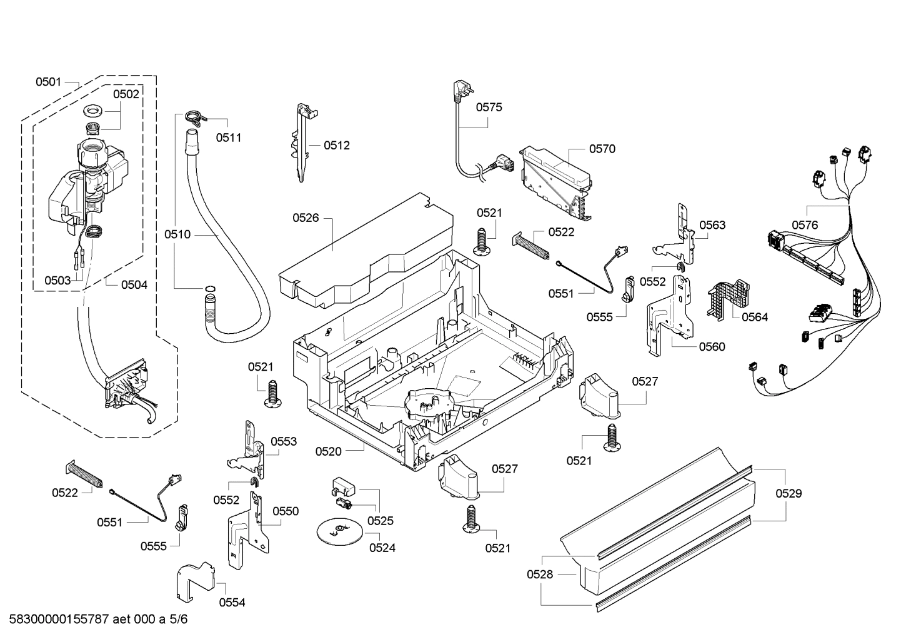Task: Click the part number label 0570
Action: pyautogui.click(x=602, y=149)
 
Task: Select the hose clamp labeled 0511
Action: pyautogui.click(x=194, y=117)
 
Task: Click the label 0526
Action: pyautogui.click(x=306, y=218)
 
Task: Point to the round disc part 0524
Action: pyautogui.click(x=340, y=530)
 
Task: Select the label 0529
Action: pyautogui.click(x=789, y=493)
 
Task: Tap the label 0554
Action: pyautogui.click(x=232, y=603)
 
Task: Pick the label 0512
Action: pyautogui.click(x=337, y=145)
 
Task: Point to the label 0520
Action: pyautogui.click(x=328, y=451)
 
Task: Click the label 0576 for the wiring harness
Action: pyautogui.click(x=805, y=225)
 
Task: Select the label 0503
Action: pyautogui.click(x=57, y=281)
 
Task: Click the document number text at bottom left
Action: pyautogui.click(x=96, y=619)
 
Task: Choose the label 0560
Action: pyautogui.click(x=712, y=346)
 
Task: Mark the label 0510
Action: pyautogui.click(x=177, y=234)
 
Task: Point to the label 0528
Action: pyautogui.click(x=540, y=574)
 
